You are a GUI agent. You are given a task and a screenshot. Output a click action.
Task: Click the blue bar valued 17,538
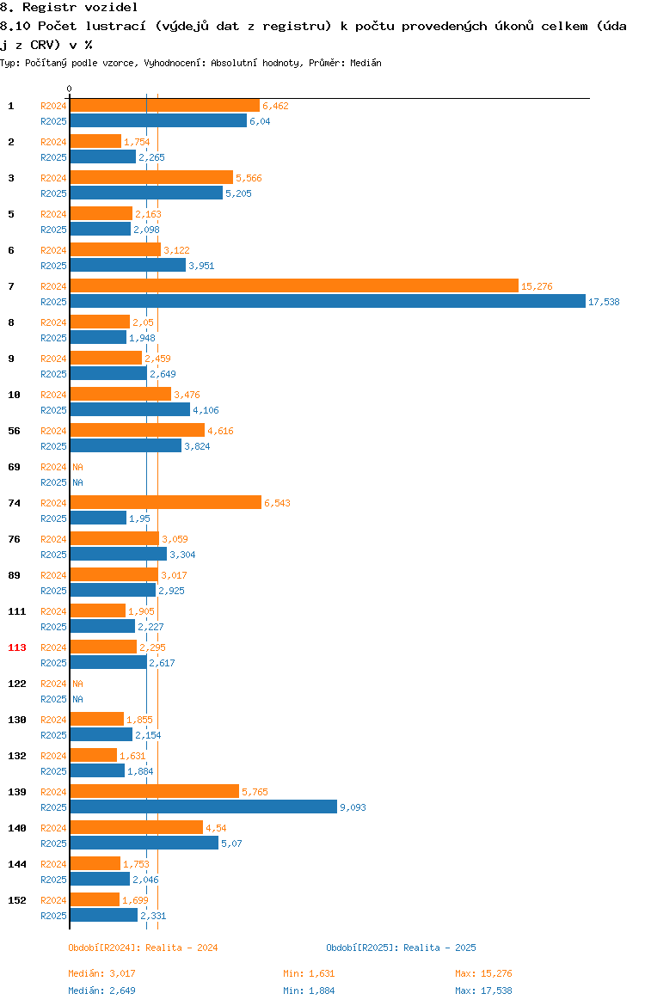[328, 302]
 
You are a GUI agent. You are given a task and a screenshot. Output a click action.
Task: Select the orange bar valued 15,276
[295, 286]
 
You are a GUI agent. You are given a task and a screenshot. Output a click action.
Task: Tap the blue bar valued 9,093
[204, 807]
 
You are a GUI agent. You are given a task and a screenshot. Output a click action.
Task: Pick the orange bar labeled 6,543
[166, 502]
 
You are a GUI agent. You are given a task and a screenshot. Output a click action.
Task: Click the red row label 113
[17, 647]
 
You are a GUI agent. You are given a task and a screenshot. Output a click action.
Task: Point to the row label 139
[17, 792]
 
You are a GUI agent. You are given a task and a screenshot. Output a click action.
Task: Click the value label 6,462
[275, 106]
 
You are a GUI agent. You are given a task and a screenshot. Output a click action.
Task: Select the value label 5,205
[239, 193]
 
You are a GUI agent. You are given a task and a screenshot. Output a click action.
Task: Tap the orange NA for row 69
[77, 467]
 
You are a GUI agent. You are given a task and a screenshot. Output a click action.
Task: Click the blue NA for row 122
[77, 699]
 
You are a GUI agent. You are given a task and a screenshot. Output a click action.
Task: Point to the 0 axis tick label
[70, 89]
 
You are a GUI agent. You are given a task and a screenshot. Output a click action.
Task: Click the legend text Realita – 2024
[181, 948]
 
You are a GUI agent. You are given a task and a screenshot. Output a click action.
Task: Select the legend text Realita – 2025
[439, 948]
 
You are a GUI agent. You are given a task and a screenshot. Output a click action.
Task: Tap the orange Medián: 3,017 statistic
[102, 973]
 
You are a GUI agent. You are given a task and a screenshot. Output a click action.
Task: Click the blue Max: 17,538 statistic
[484, 991]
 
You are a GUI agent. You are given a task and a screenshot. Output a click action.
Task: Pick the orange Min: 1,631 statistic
[310, 973]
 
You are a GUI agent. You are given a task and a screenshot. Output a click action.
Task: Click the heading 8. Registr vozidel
[70, 8]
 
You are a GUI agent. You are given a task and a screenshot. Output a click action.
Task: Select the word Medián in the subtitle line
[365, 63]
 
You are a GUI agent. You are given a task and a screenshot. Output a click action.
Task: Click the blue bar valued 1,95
[98, 518]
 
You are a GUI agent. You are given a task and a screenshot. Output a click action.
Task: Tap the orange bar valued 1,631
[94, 755]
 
